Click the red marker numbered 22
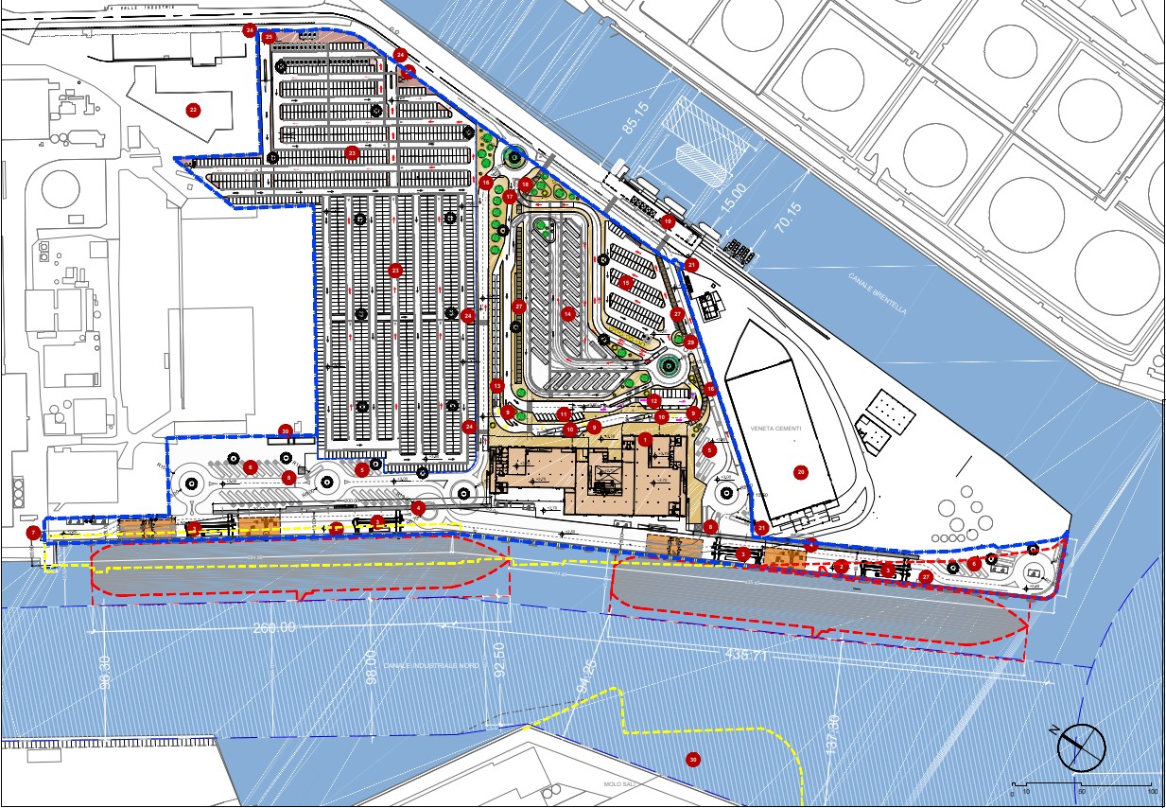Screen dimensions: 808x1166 pos(193,111)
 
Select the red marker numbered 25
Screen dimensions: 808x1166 pos(269,38)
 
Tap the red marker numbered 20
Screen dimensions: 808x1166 pos(800,471)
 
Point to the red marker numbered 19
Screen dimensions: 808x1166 pos(668,221)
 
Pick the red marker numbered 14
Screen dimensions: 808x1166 pos(567,313)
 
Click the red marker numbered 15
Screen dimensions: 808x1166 pos(625,282)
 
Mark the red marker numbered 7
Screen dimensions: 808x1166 pos(34,533)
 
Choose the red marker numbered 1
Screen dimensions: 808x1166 pos(645,440)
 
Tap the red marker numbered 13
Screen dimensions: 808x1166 pos(496,385)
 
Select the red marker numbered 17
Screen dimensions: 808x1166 pos(510,198)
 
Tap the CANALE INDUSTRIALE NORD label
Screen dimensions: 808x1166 pos(433,666)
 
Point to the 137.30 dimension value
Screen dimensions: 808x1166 pos(832,733)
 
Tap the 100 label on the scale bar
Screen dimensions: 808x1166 pos(1153,791)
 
